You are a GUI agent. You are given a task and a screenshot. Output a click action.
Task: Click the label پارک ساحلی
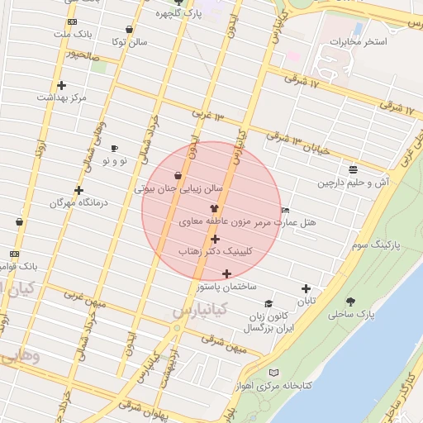pos(351,315)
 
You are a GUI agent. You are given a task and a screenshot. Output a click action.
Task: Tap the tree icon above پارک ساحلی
pos(351,301)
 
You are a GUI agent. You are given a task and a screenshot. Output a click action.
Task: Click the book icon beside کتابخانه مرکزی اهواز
pos(273,373)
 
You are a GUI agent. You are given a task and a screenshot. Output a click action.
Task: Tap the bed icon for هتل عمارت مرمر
pos(286,210)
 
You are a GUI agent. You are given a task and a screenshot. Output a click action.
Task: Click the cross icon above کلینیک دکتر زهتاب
pos(215,239)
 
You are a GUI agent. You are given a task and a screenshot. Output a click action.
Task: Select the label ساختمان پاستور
pos(227,286)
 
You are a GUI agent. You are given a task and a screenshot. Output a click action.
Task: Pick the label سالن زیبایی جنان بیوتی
pos(179,188)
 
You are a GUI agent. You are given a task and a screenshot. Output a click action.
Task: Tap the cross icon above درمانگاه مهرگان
pos(78,190)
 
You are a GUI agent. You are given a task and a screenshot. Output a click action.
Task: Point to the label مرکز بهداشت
pos(61,97)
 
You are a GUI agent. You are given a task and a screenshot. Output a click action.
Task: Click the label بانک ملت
pos(72,35)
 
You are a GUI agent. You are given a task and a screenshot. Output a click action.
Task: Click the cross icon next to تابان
pos(307,289)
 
